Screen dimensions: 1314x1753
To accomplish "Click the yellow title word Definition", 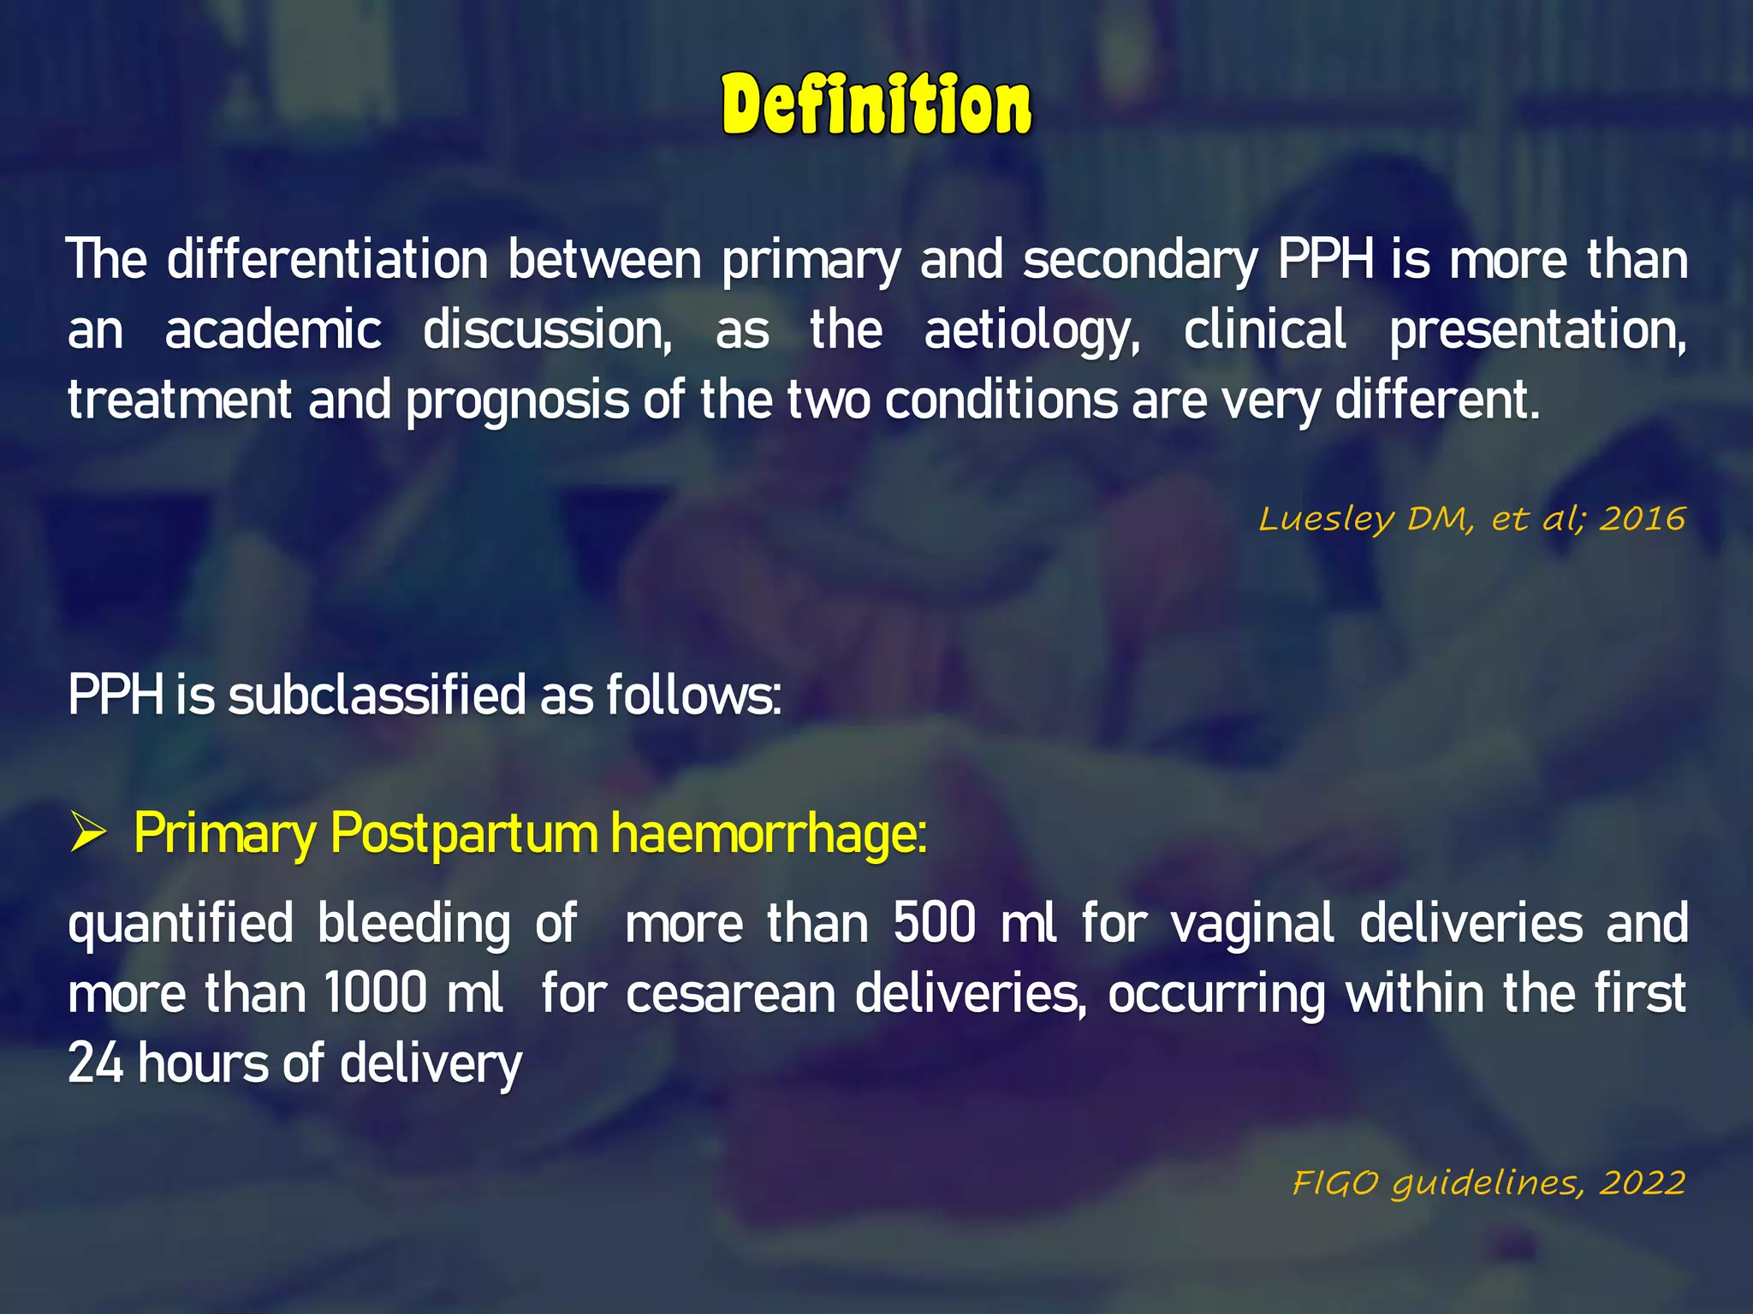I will pyautogui.click(x=876, y=105).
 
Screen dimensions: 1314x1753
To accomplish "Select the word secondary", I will pyautogui.click(x=1140, y=261).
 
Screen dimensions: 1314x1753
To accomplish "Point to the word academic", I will pyautogui.click(x=273, y=330).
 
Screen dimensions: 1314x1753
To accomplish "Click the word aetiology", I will pyautogui.click(x=1031, y=332).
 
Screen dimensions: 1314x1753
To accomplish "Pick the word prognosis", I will pyautogui.click(x=517, y=401).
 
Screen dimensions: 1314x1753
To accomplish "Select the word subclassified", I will pyautogui.click(x=377, y=695).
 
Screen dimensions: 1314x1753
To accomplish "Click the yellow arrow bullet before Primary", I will pyautogui.click(x=87, y=833).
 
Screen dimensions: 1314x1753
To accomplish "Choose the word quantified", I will pyautogui.click(x=181, y=926).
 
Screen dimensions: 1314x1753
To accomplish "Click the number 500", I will pyautogui.click(x=934, y=924).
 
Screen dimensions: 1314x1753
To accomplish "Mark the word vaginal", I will pyautogui.click(x=1252, y=926).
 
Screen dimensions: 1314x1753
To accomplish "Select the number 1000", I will pyautogui.click(x=375, y=994).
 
